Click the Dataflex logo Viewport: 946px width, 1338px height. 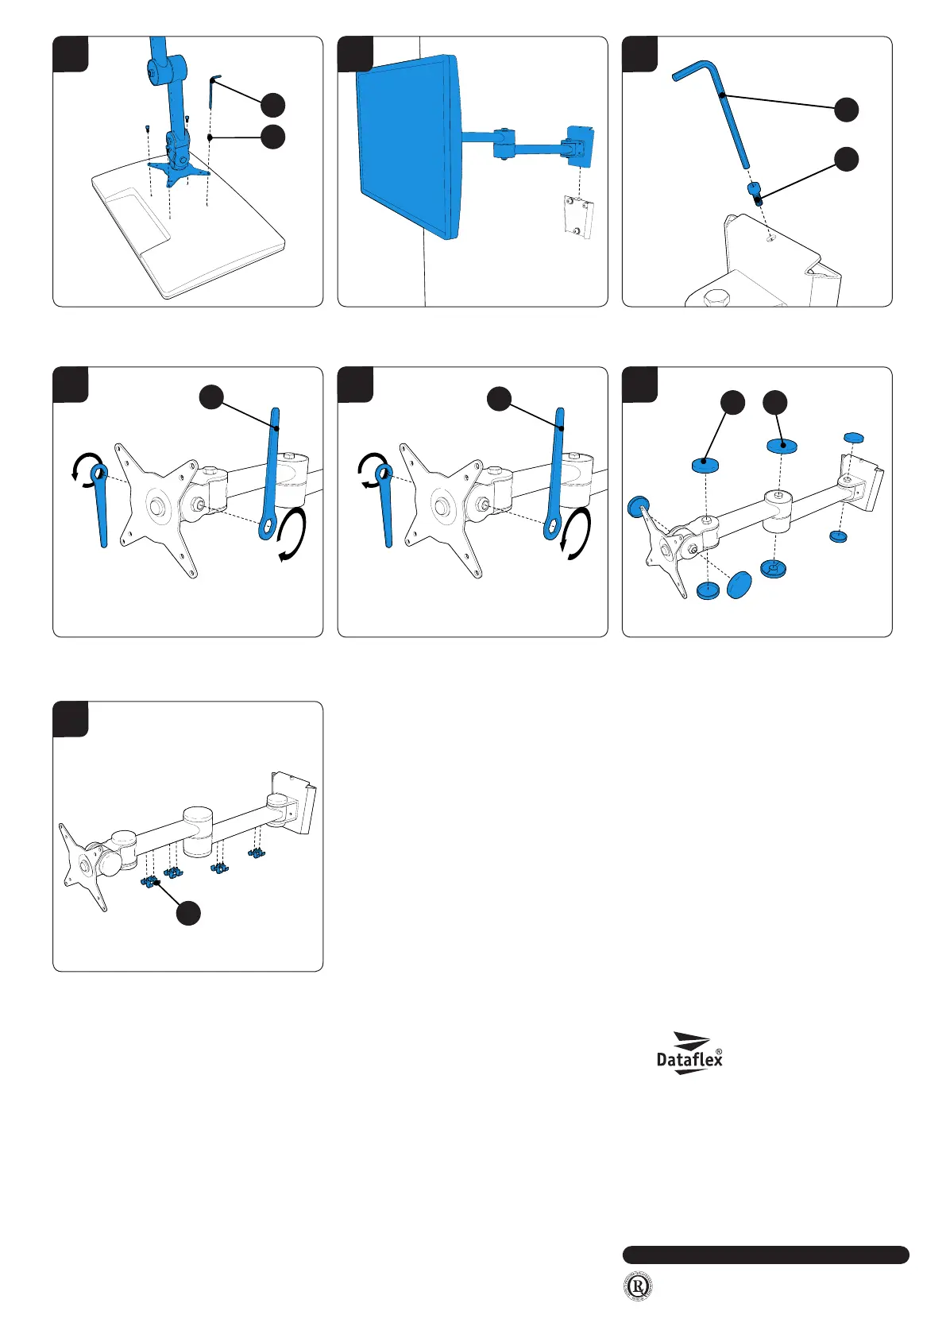(689, 1054)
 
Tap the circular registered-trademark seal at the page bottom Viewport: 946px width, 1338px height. (637, 1286)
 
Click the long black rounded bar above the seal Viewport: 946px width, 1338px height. (765, 1255)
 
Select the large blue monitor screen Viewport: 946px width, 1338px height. (407, 143)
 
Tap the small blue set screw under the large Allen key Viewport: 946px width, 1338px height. (755, 191)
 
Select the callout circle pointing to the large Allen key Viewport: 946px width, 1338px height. (847, 110)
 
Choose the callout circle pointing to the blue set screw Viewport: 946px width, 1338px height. (847, 159)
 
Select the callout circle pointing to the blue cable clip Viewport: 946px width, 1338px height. (188, 914)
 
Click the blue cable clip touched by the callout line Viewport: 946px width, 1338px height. (151, 881)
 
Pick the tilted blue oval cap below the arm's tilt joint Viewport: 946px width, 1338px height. (739, 584)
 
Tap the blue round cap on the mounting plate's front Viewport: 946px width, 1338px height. (637, 506)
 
